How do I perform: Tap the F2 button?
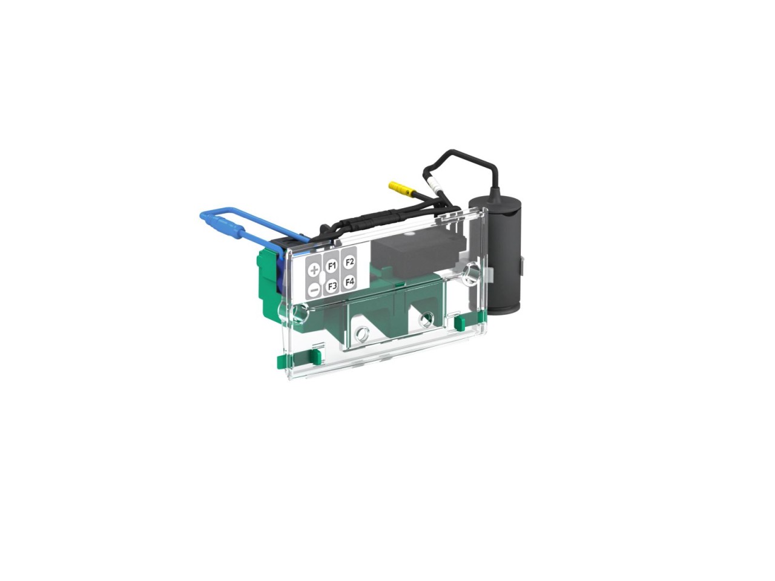349,262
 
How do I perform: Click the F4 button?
349,282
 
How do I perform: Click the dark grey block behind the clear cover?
417,256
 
